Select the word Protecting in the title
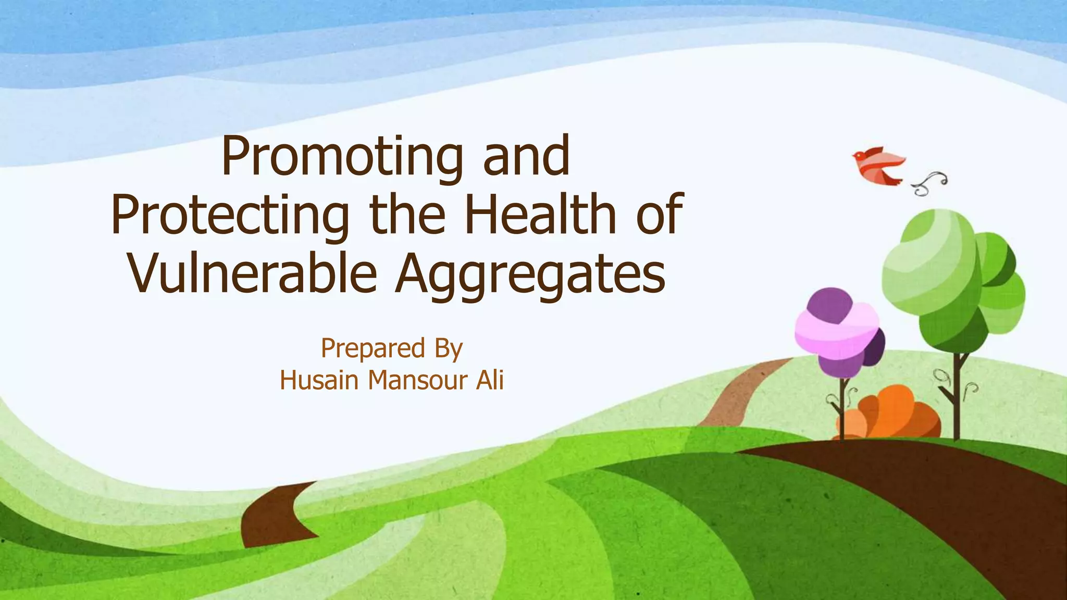tap(230, 215)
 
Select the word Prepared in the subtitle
tap(373, 348)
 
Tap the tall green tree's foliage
tap(948, 276)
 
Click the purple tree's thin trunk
tap(841, 409)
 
